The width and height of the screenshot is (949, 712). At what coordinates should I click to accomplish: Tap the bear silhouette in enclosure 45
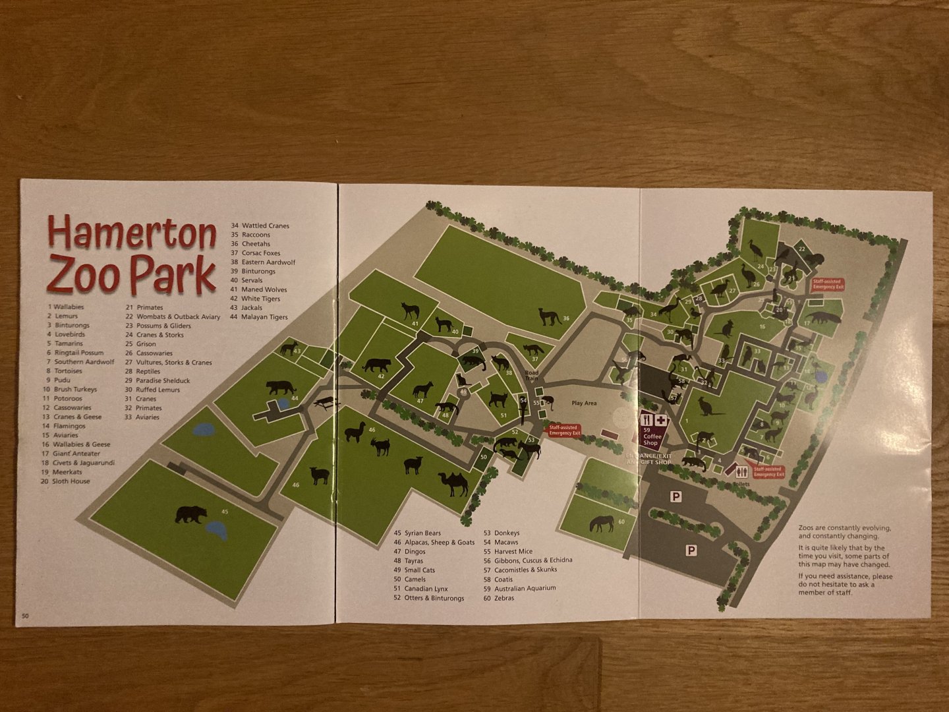pos(190,514)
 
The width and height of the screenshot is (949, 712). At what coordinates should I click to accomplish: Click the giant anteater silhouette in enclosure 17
pos(823,319)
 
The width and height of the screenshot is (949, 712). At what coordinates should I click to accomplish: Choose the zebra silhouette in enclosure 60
pos(602,523)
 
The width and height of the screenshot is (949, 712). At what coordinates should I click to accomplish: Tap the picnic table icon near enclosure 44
pos(324,401)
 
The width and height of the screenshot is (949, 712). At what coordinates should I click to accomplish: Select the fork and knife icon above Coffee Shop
pos(647,420)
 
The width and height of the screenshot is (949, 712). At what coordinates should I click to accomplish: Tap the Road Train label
pos(531,376)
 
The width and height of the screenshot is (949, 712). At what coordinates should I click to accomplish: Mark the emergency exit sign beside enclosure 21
pos(828,284)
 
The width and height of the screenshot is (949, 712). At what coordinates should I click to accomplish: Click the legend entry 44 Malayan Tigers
pos(259,317)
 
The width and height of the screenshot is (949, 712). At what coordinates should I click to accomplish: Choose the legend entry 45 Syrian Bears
pos(417,533)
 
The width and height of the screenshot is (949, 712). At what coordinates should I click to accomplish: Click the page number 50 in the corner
pos(25,616)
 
